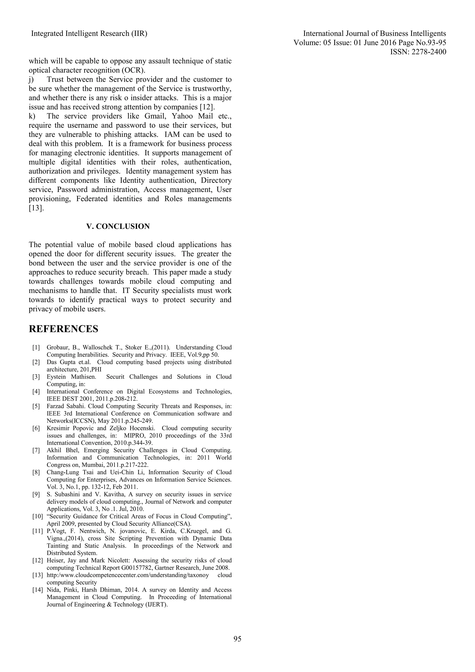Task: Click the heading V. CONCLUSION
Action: click(118, 226)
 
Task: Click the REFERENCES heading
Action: click(64, 329)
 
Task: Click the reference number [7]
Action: click(36, 450)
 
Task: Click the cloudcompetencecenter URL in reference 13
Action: click(128, 575)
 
